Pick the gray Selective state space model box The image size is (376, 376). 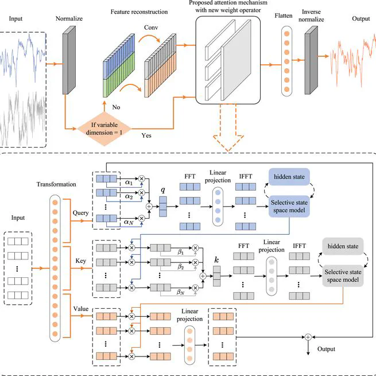(x=343, y=277)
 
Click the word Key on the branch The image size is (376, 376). (x=80, y=259)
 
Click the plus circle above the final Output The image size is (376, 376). (x=308, y=336)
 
